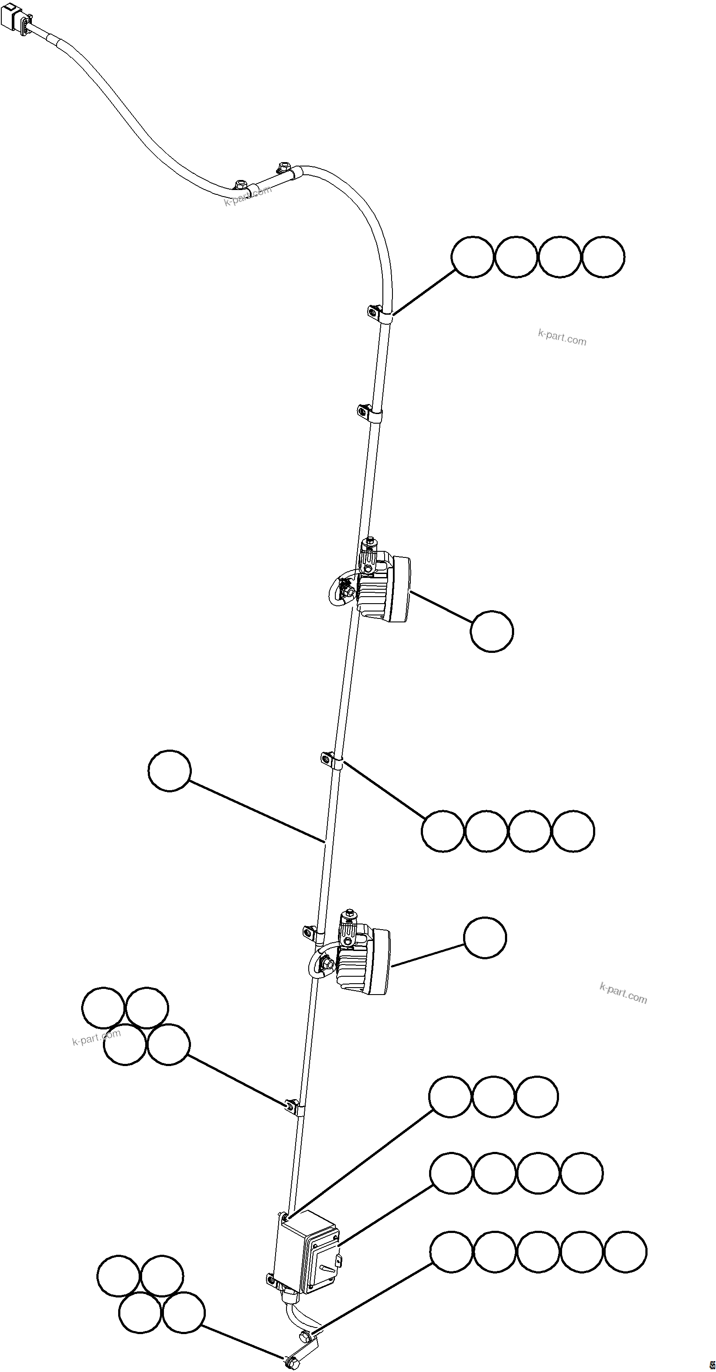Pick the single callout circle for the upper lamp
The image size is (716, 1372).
point(492,631)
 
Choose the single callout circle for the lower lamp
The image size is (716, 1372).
point(485,938)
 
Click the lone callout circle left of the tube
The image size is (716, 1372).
point(170,771)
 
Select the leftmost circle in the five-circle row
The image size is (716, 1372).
point(451,1252)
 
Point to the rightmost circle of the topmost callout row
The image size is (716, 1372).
point(603,257)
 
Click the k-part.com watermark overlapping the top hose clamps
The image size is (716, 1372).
point(248,195)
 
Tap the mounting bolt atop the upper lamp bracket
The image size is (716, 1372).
point(367,544)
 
